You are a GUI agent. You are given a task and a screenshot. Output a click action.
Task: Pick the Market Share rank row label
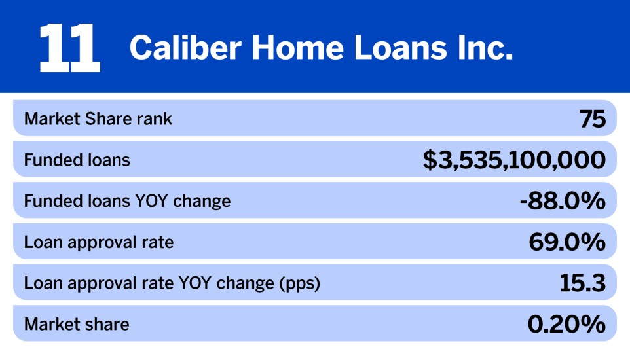coord(98,119)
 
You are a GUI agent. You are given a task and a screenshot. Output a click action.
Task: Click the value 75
coord(592,119)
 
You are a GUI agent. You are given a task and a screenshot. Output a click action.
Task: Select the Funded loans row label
coord(77,160)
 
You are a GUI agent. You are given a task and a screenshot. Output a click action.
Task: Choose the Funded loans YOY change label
coord(127,201)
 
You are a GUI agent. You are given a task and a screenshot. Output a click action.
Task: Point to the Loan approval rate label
coord(98,242)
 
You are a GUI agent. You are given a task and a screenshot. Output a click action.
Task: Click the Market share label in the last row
coord(77,324)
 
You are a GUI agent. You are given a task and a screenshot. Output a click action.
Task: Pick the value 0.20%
coord(566,324)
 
